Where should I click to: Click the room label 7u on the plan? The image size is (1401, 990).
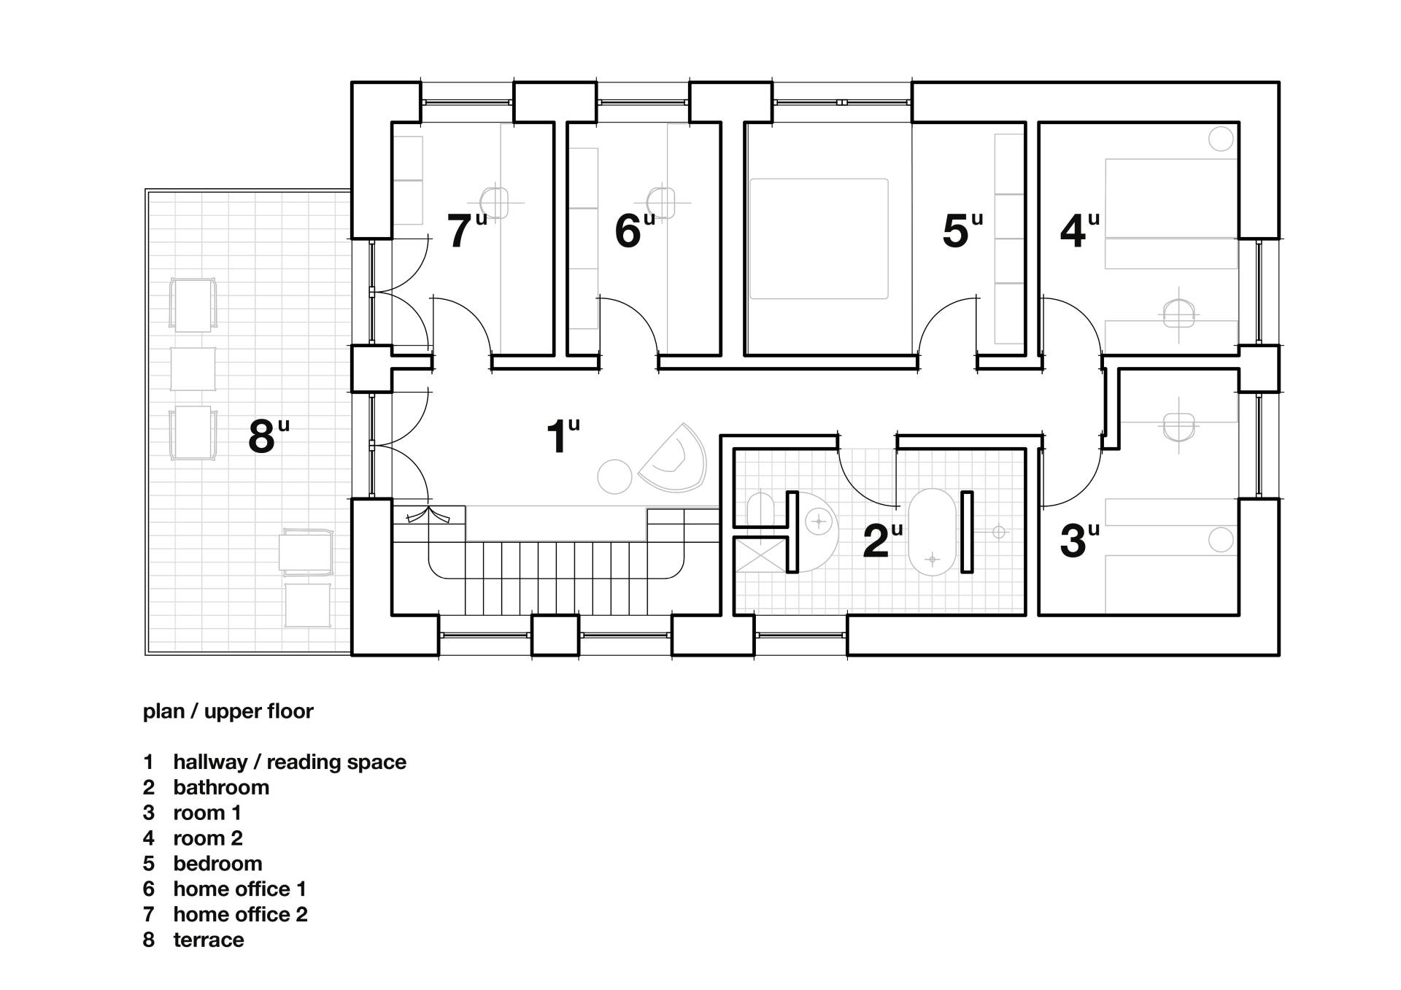(x=466, y=230)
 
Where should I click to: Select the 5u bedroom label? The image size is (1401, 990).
(x=962, y=230)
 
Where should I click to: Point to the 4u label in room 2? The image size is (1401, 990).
(x=1079, y=230)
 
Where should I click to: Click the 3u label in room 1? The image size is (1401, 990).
(x=1079, y=540)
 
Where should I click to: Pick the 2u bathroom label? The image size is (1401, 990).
(x=882, y=540)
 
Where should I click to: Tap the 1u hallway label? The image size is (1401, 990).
(x=563, y=436)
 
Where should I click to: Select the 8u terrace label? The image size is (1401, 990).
(x=269, y=436)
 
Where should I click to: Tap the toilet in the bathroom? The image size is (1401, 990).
(x=760, y=509)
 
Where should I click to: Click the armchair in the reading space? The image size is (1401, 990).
(x=674, y=458)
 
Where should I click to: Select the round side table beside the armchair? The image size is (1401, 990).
(x=614, y=477)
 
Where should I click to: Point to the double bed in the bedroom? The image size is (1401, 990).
(x=819, y=239)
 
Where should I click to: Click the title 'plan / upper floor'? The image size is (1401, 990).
(x=228, y=711)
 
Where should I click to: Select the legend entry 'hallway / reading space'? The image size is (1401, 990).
(x=290, y=762)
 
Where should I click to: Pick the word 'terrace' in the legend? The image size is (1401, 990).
(x=209, y=940)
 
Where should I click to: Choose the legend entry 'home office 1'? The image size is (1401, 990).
(x=239, y=889)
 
